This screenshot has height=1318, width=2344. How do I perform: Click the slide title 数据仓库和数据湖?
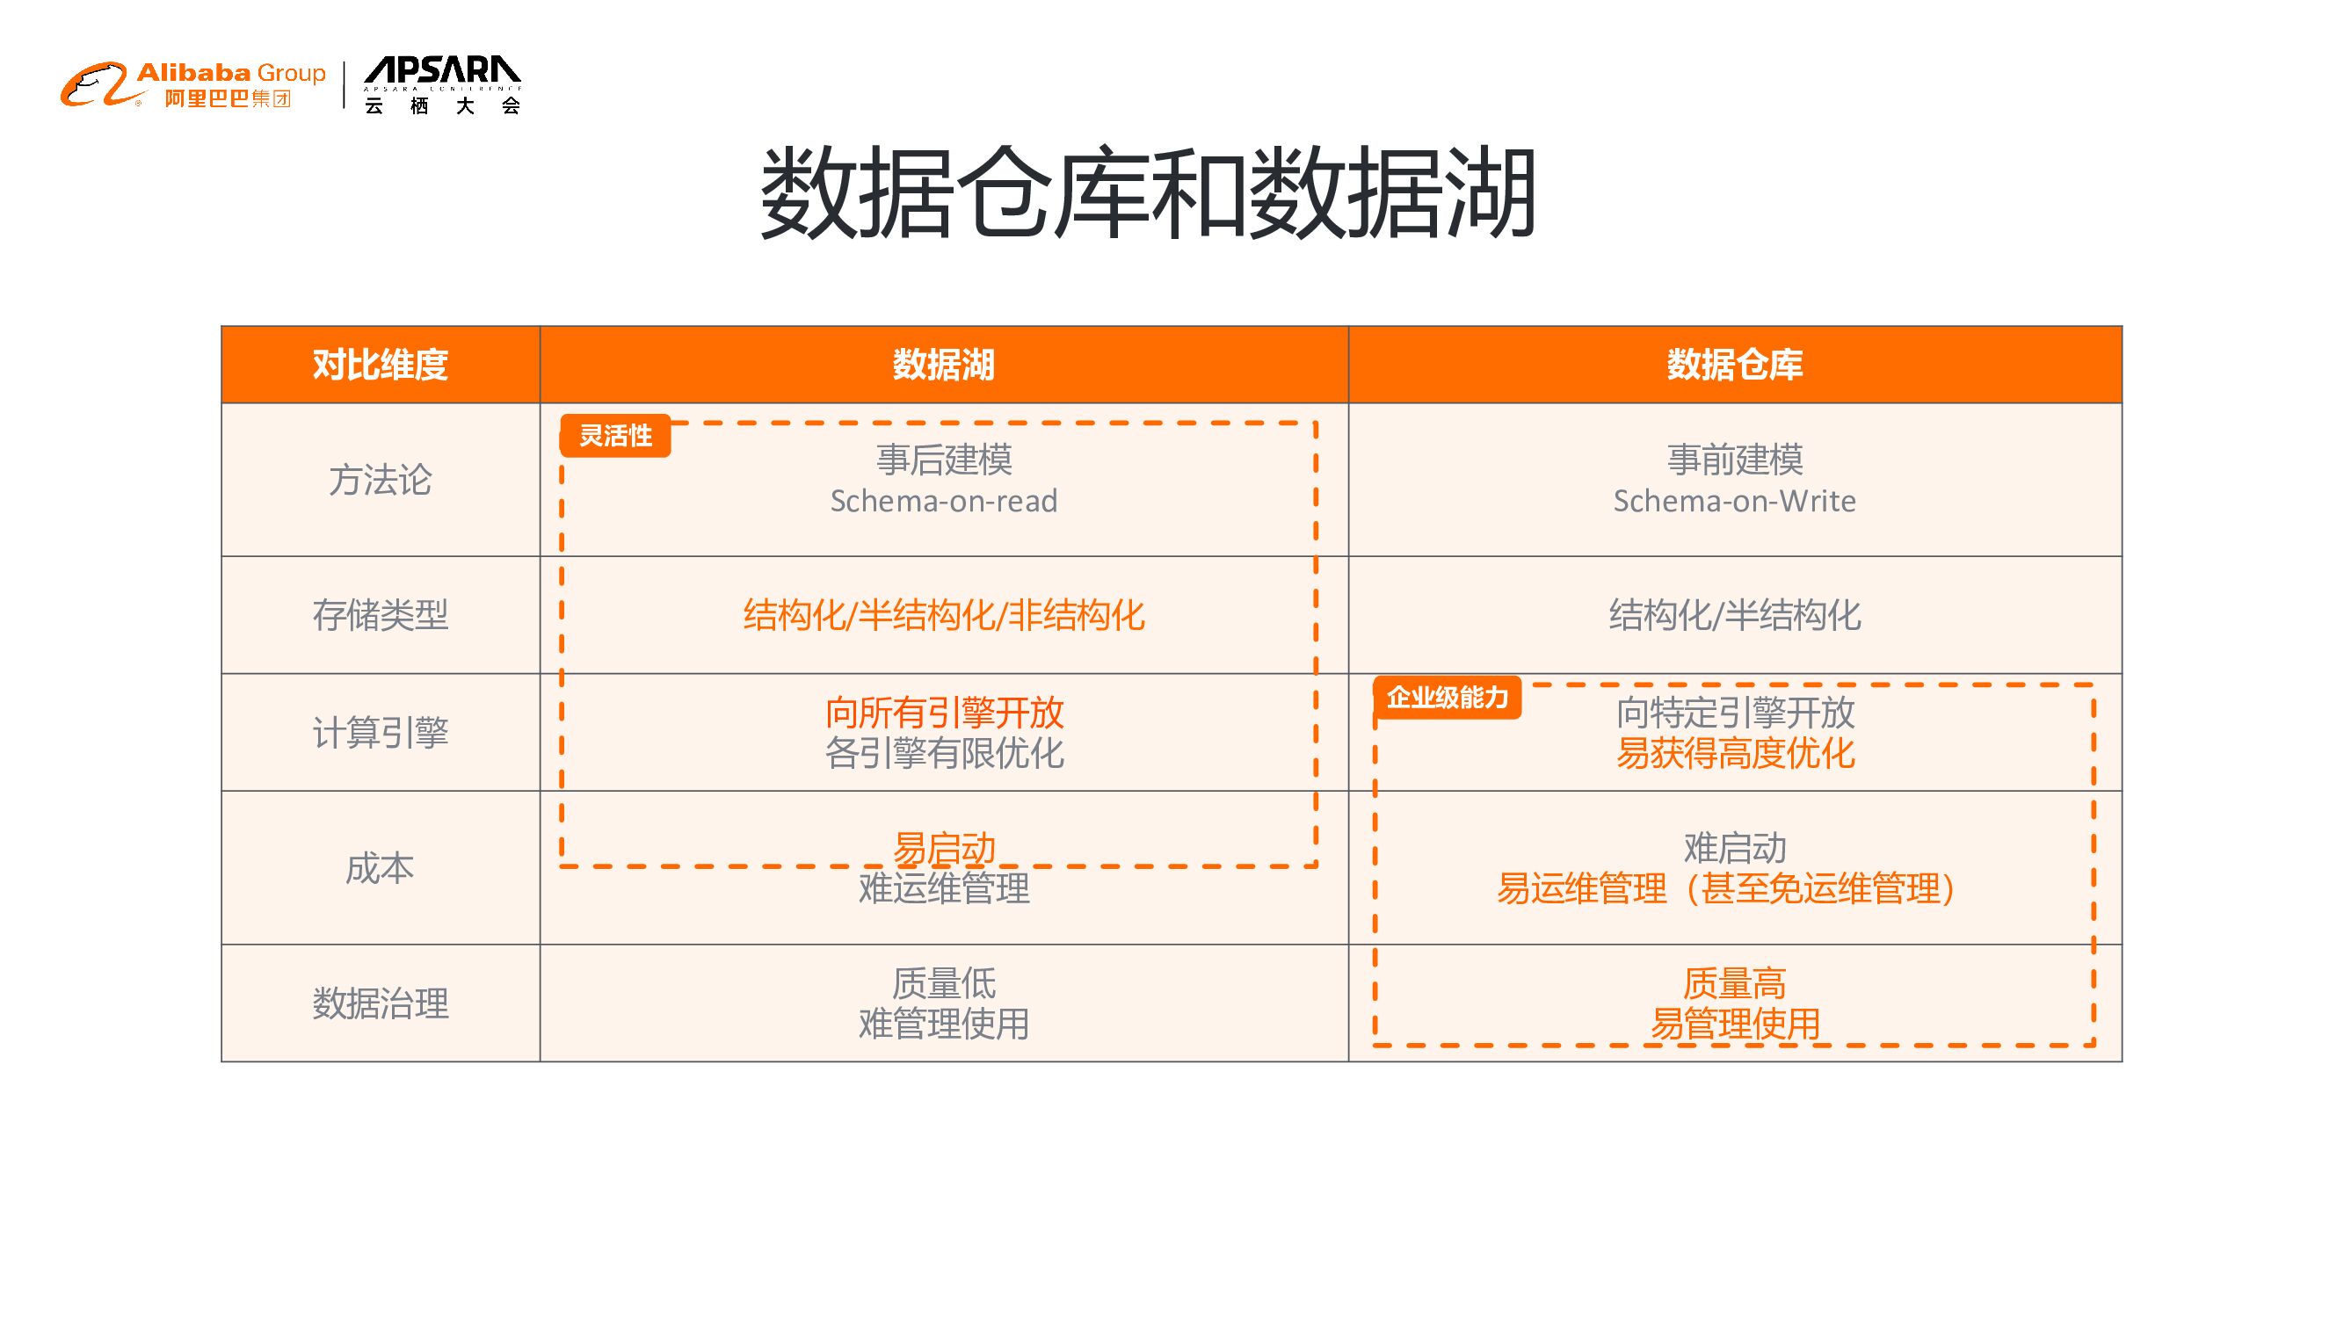point(1149,193)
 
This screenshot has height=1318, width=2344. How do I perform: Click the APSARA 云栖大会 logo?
point(442,85)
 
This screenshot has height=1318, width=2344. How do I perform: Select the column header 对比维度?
point(381,365)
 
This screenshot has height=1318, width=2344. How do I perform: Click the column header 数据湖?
point(944,365)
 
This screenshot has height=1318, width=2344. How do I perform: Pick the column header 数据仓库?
point(1734,365)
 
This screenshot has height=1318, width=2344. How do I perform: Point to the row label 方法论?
point(381,481)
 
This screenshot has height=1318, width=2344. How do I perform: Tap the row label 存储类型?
point(381,616)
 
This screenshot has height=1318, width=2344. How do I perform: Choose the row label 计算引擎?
point(381,733)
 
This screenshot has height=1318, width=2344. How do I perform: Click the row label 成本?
point(381,869)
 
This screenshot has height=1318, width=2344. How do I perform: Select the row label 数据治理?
point(381,1004)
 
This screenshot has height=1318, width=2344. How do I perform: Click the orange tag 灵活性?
point(616,436)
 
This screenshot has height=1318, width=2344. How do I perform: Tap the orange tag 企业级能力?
point(1447,698)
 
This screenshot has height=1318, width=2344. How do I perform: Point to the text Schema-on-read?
point(944,501)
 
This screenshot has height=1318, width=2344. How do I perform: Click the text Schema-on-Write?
point(1734,501)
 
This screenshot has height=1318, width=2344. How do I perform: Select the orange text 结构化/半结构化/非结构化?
point(944,616)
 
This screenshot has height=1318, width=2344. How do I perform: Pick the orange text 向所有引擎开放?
point(944,713)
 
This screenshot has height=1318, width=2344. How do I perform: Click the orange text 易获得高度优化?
point(1734,753)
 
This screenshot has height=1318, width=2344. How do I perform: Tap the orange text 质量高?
point(1734,983)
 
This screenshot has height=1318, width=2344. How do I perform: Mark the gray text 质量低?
point(944,983)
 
